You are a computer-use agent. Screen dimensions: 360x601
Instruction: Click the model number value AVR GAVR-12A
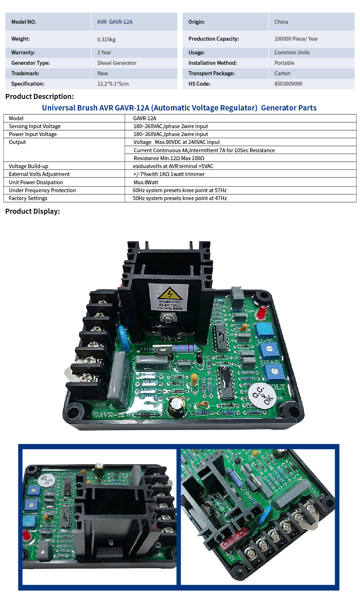[114, 22]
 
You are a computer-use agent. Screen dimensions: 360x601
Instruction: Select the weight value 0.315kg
[106, 40]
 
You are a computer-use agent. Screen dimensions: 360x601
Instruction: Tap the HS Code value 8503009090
[288, 84]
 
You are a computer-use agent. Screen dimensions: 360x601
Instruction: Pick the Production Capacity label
[214, 39]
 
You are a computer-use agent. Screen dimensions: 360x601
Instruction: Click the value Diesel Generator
[117, 63]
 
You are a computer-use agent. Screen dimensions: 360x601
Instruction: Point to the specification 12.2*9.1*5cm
[113, 84]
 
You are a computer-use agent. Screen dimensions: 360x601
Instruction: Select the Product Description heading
[40, 96]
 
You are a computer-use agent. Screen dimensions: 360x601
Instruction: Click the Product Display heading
[32, 211]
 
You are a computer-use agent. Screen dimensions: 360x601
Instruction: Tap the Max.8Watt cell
[146, 182]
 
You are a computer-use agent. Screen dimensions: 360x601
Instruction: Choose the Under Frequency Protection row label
[42, 190]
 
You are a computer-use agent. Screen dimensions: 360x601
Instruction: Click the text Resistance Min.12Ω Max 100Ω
[169, 158]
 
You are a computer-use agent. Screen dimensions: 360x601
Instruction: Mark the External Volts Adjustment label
[39, 174]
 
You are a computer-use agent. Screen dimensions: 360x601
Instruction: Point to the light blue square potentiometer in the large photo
[264, 330]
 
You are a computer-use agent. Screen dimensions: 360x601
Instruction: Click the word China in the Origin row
[281, 22]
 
